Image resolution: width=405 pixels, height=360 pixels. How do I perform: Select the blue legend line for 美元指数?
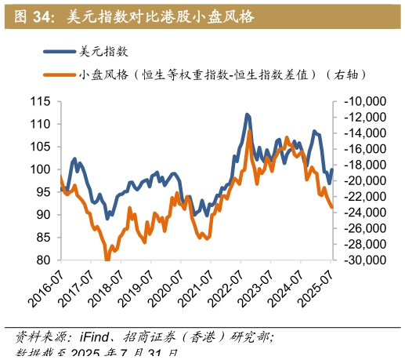(60, 52)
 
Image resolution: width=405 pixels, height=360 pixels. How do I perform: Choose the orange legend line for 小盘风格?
(60, 75)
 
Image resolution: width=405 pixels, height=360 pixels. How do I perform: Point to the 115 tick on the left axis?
(40, 102)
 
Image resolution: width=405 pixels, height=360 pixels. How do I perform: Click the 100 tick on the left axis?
(40, 169)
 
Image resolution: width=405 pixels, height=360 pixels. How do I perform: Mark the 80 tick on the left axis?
(43, 260)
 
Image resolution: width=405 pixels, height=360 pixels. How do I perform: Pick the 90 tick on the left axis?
(43, 215)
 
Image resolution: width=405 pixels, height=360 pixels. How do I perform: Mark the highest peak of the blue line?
(247, 115)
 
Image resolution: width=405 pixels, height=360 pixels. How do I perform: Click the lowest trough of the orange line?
(107, 260)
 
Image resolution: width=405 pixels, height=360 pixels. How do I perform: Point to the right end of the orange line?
(332, 208)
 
